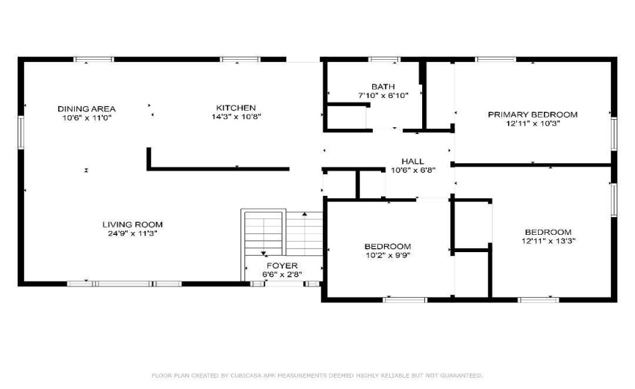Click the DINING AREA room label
click(87, 108)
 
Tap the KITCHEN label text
click(236, 108)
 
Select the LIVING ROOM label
click(132, 224)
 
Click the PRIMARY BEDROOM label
click(533, 114)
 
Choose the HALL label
click(412, 161)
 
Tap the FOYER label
click(282, 266)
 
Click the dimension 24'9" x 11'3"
click(132, 233)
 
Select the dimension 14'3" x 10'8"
click(236, 117)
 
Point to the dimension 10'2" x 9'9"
click(387, 255)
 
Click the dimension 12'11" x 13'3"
click(548, 241)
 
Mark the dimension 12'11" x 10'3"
click(533, 123)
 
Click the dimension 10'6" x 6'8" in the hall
click(412, 170)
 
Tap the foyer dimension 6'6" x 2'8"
click(282, 275)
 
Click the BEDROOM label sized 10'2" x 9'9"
click(387, 246)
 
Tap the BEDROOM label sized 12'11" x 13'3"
click(548, 232)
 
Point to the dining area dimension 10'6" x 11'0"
click(87, 117)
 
